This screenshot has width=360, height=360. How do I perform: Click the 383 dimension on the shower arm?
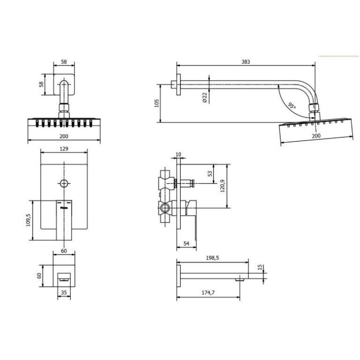[x=246, y=62]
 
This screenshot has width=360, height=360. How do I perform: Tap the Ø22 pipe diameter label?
[x=204, y=97]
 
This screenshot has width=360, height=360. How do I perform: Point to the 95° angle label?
[x=292, y=106]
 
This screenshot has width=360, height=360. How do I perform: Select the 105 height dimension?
[x=157, y=103]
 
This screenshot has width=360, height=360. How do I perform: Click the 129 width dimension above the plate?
[x=64, y=149]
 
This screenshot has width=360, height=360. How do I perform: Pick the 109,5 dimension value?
[x=28, y=220]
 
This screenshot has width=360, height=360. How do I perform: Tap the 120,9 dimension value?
[x=223, y=186]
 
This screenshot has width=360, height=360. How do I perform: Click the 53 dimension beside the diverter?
[x=210, y=173]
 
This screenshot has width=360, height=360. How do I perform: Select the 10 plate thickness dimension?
[x=179, y=154]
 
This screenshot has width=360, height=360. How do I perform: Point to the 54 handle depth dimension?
[x=186, y=243]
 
